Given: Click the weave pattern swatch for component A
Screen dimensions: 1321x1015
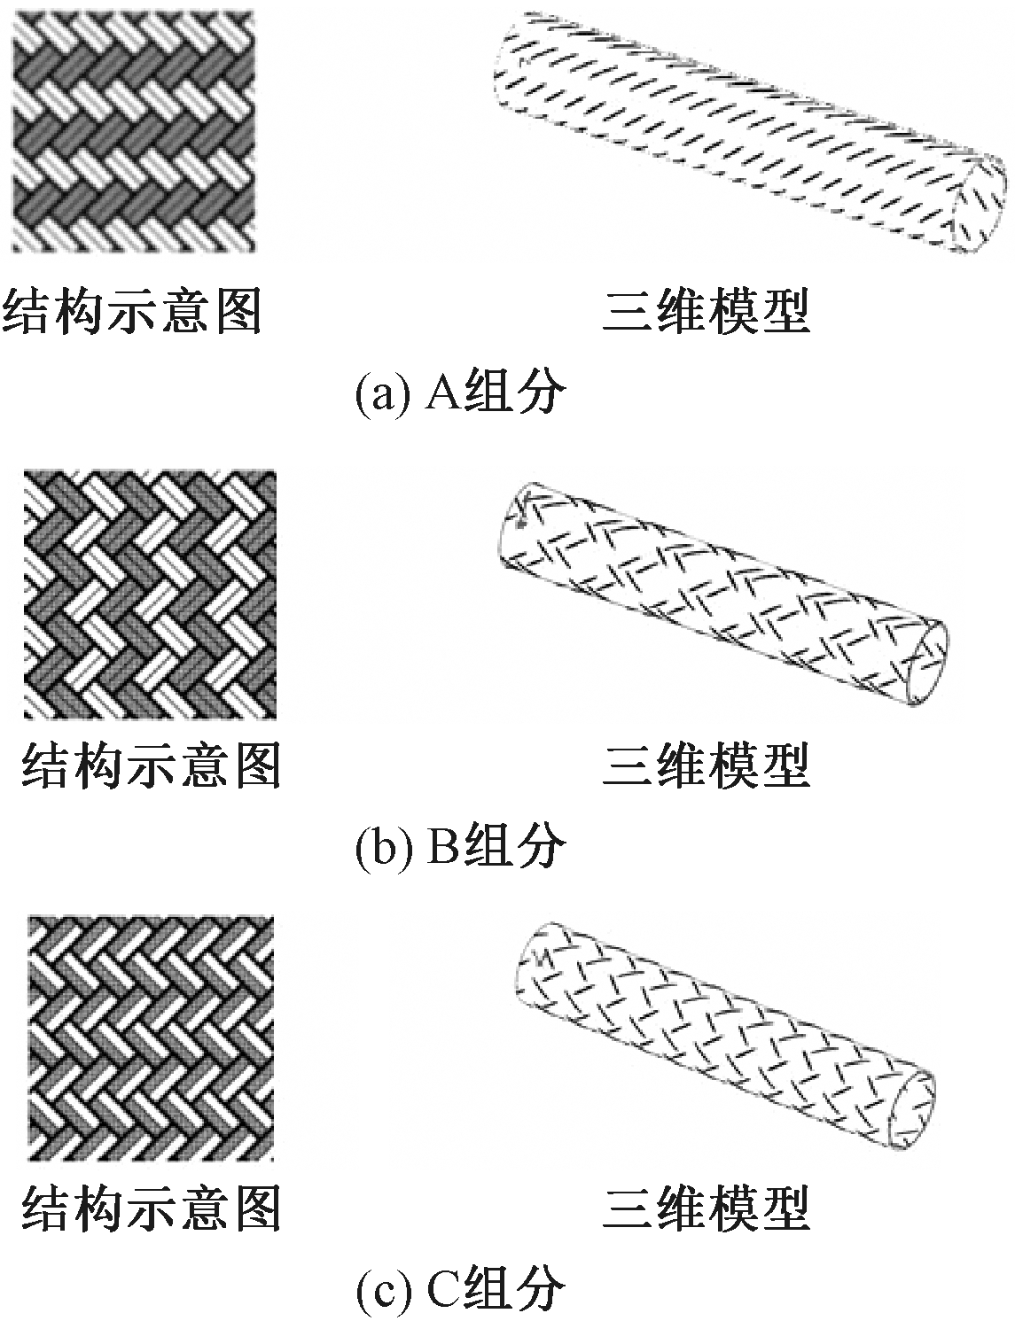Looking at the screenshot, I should click(x=133, y=130).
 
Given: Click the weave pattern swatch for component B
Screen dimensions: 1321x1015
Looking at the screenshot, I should click(x=149, y=594).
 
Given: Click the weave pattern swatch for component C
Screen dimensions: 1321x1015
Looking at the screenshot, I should click(x=151, y=1037).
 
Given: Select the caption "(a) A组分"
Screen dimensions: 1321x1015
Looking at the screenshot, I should click(x=459, y=393).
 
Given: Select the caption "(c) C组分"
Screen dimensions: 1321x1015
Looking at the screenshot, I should click(x=459, y=1291).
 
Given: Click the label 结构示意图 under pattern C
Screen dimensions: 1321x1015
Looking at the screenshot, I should click(x=151, y=1208).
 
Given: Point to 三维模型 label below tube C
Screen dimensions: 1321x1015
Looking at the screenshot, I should click(x=707, y=1208).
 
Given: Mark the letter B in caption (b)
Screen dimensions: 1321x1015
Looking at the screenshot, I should click(x=441, y=846).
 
